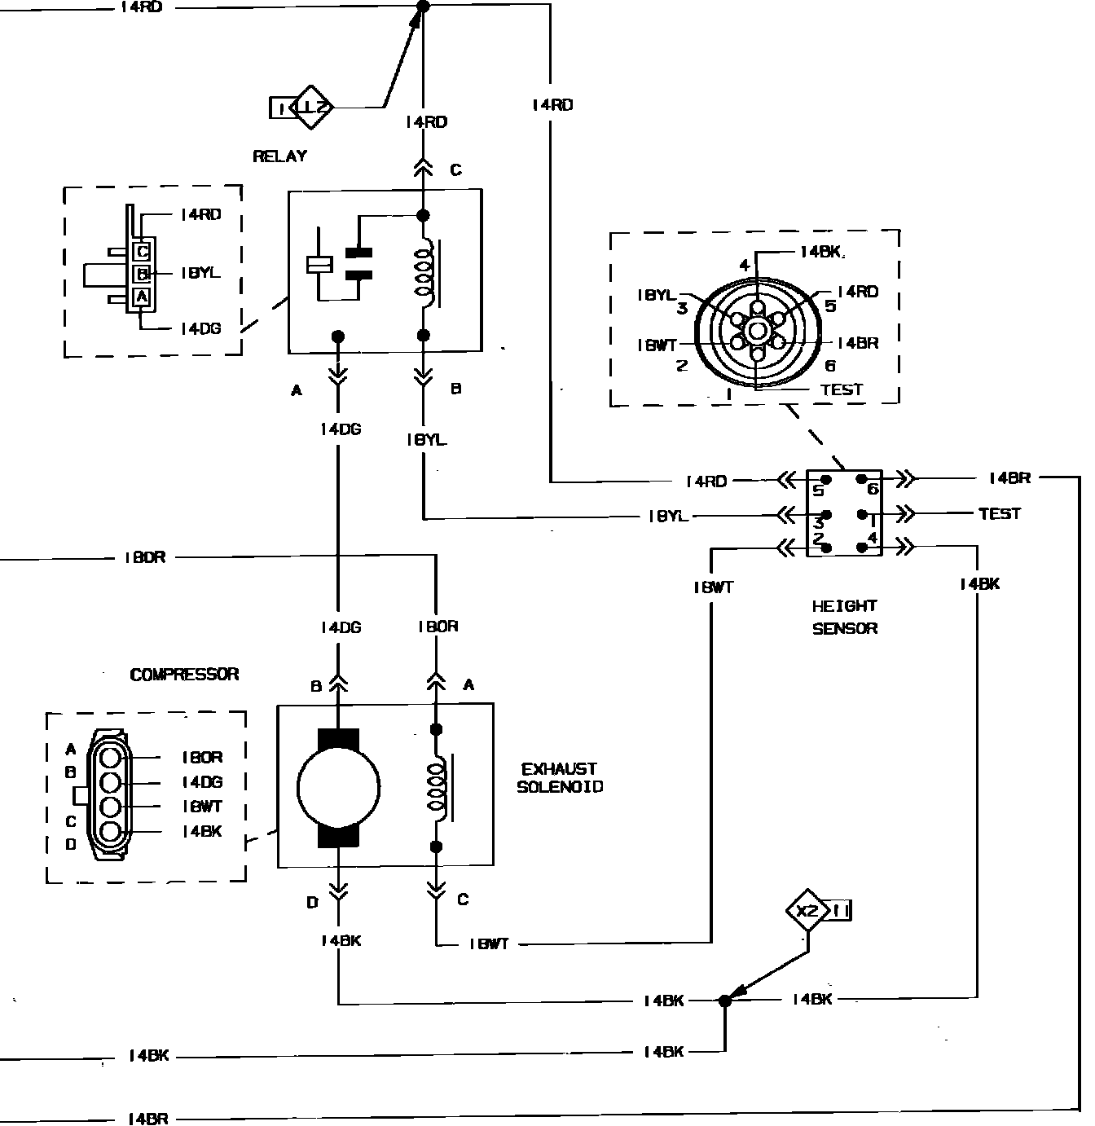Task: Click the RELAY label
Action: coord(279,156)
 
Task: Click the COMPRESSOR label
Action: coord(185,675)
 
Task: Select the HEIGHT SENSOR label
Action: coord(844,617)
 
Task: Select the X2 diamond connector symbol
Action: coord(807,910)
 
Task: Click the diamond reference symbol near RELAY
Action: coord(313,107)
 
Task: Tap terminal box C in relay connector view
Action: coord(142,251)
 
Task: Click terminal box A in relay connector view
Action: coord(142,297)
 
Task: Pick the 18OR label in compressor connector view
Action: coord(200,757)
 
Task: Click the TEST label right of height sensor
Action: coord(999,513)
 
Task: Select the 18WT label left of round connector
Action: coord(657,345)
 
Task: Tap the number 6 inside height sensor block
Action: coord(872,489)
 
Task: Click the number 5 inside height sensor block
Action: coord(818,490)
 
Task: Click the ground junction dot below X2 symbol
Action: coord(724,1001)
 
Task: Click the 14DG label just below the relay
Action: coord(340,429)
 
